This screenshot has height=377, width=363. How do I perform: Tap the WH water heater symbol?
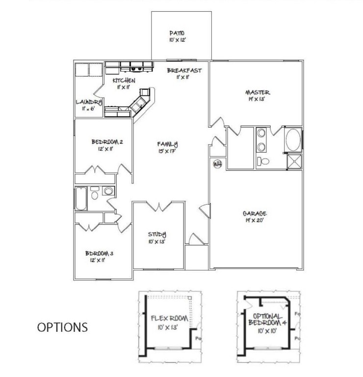[217, 164]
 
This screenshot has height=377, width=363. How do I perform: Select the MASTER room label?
[259, 92]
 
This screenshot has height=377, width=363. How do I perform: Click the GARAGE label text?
[255, 214]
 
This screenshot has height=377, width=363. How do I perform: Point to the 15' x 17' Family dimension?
[166, 152]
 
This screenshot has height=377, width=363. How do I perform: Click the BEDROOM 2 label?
[107, 142]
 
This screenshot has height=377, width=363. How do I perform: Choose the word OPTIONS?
[63, 327]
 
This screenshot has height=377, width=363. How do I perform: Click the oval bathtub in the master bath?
[293, 139]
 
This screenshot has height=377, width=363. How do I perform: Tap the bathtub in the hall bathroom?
[80, 199]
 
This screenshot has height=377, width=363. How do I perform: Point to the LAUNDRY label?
[89, 102]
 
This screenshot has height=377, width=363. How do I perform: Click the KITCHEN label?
[124, 80]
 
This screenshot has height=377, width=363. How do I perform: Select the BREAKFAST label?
[184, 70]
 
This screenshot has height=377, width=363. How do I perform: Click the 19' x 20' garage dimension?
[255, 221]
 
